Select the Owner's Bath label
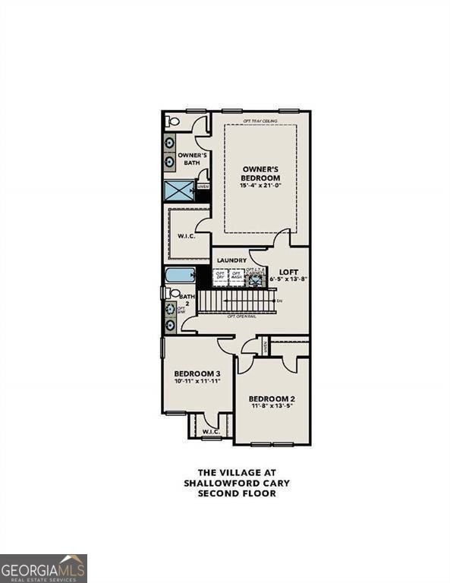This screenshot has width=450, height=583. pyautogui.click(x=187, y=158)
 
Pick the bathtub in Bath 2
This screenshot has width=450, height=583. pyautogui.click(x=180, y=274)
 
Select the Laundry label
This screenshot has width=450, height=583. pyautogui.click(x=231, y=260)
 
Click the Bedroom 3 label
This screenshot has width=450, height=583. pyautogui.click(x=197, y=373)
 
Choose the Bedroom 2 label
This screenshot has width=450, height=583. pyautogui.click(x=272, y=399)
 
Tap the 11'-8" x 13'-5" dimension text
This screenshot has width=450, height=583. pyautogui.click(x=272, y=407)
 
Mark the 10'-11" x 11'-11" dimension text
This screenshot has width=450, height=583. pyautogui.click(x=197, y=382)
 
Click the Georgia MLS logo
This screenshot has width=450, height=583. pyautogui.click(x=43, y=568)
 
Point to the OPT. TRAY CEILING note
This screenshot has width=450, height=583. pyautogui.click(x=260, y=121)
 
